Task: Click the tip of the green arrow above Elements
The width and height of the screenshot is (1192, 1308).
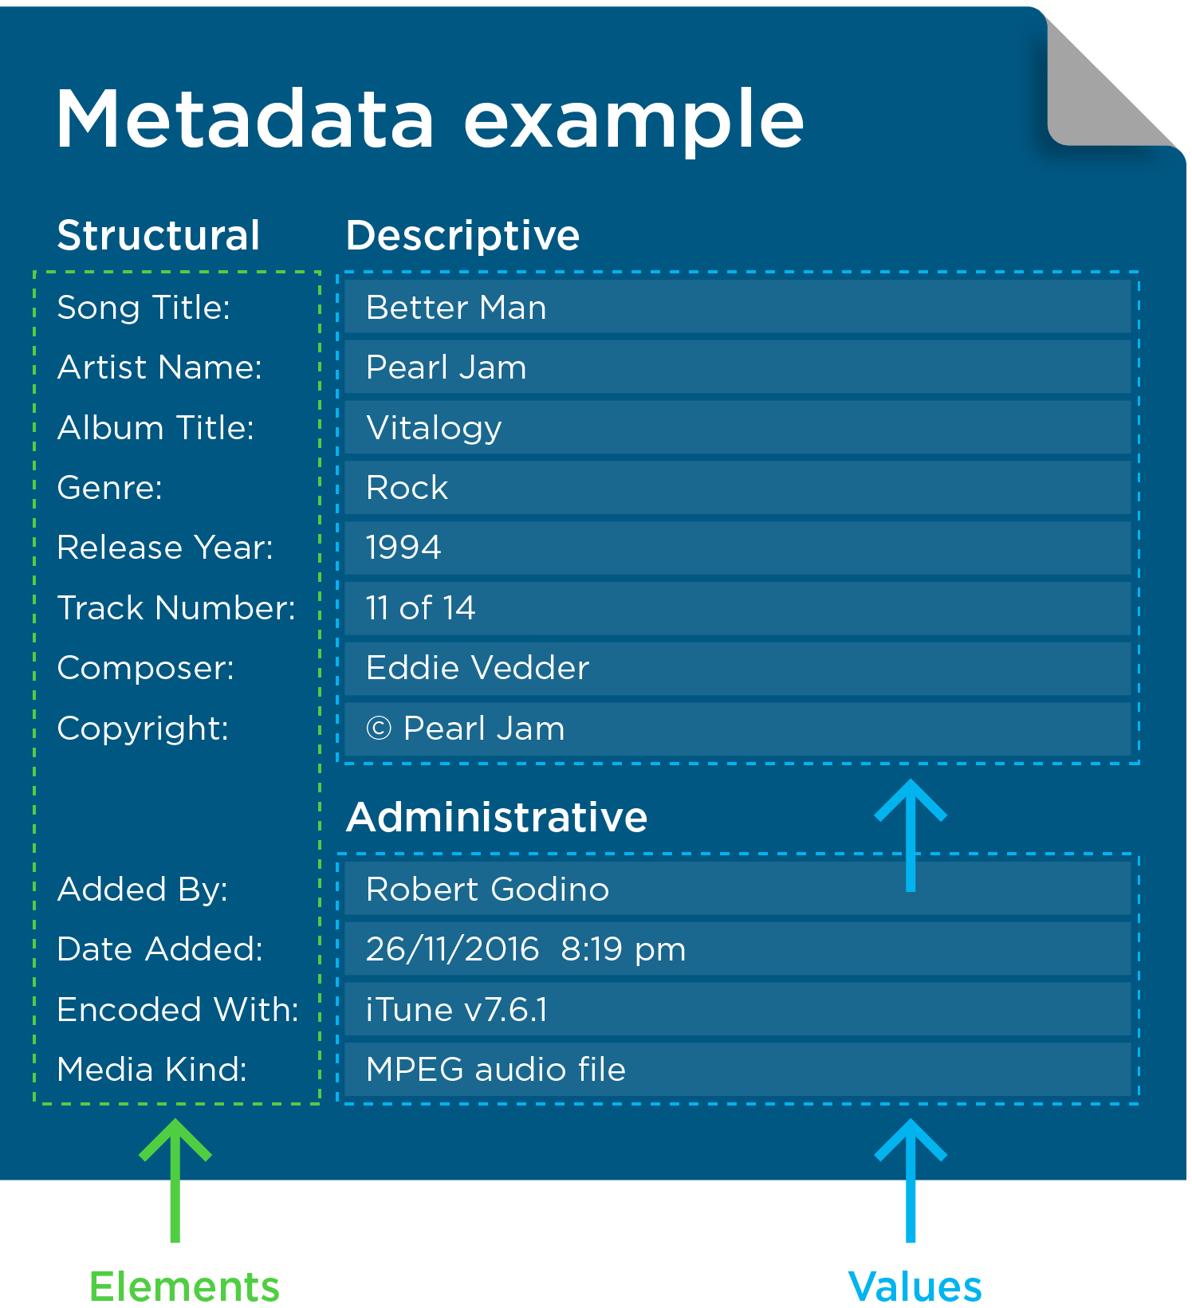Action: coord(175,1120)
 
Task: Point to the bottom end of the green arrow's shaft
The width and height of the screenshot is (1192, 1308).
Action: coord(175,1242)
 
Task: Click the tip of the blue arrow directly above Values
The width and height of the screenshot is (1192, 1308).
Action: coord(911,1120)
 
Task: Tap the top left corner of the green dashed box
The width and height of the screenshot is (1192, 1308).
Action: coord(34,272)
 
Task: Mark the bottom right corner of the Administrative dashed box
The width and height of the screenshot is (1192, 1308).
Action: coord(1139,1104)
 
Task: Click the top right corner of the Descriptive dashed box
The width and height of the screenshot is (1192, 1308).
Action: coord(1139,273)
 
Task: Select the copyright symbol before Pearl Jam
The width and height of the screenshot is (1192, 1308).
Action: coord(379,729)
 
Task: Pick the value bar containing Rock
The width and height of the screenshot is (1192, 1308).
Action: coord(738,488)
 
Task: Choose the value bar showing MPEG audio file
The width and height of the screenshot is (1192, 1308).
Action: coord(738,1070)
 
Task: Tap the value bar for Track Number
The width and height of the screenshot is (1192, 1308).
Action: coord(738,608)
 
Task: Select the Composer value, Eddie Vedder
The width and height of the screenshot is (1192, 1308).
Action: coord(478,668)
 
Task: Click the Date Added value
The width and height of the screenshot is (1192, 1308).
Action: coord(525,949)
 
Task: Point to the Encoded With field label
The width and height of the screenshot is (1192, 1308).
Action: coord(178,1010)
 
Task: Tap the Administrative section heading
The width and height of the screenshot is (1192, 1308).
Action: coord(497,817)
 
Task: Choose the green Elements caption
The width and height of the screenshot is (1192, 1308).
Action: coord(184,1286)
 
